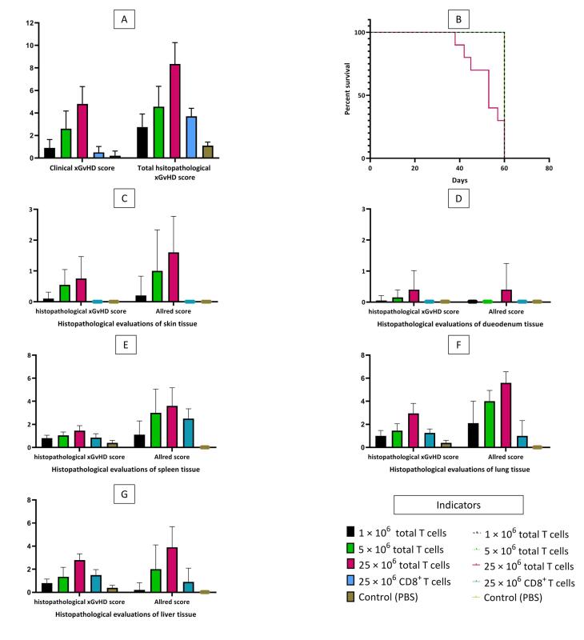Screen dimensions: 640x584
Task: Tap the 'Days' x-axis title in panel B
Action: pos(459,180)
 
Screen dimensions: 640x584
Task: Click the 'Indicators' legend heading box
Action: pos(458,504)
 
